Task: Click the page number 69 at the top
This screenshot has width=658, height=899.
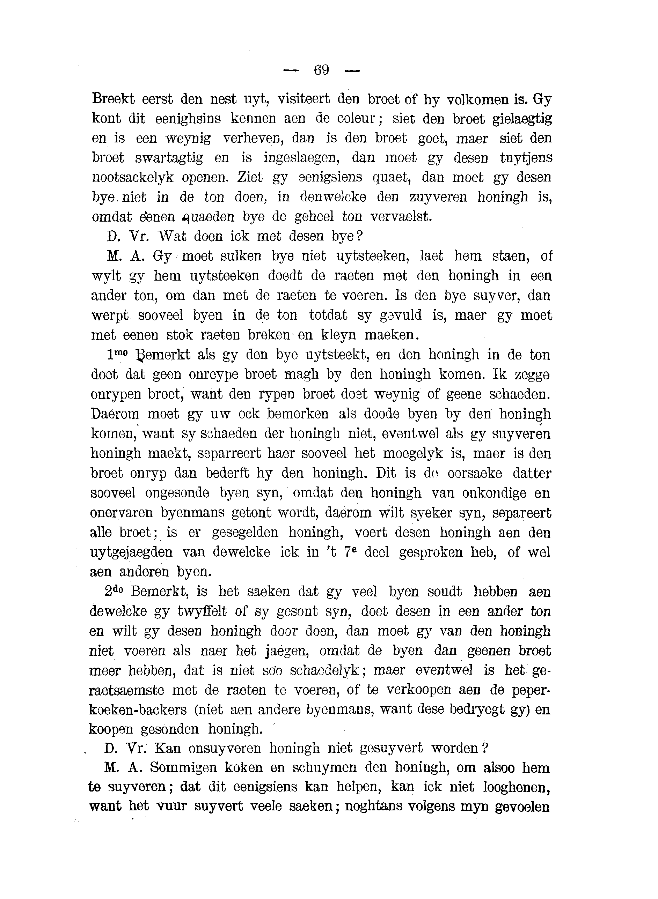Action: pos(321,70)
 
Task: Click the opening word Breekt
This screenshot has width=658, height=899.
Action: pos(114,99)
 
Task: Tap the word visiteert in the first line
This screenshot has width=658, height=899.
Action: pos(304,99)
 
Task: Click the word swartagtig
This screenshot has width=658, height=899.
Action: pos(169,158)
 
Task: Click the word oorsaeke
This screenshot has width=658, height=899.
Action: pos(474,473)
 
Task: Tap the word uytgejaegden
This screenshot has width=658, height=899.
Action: pos(131,553)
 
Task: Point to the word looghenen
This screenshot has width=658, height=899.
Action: pos(517,788)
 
